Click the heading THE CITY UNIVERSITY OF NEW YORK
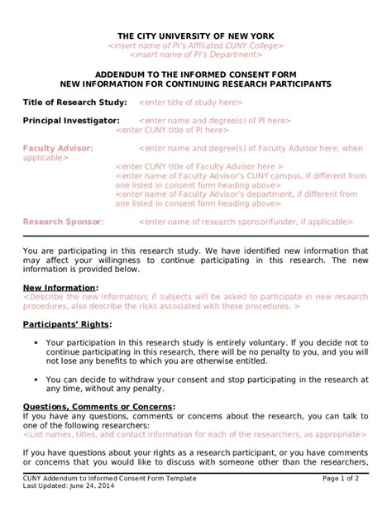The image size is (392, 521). tap(195, 36)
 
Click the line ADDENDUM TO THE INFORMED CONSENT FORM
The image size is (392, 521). tap(195, 74)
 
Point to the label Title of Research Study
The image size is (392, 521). tap(74, 102)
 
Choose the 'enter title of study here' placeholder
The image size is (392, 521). tap(190, 103)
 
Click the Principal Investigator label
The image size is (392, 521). tap(71, 121)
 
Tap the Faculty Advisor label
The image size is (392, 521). tap(58, 148)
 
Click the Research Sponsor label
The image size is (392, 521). tap(63, 222)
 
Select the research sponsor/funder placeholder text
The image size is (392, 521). tap(246, 222)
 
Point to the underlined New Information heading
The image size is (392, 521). tap(60, 287)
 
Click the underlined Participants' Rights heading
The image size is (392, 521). tap(69, 323)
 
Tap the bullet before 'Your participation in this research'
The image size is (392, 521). tap(36, 342)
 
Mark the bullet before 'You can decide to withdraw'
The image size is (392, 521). tap(36, 379)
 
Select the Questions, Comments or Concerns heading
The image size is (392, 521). tap(98, 407)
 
